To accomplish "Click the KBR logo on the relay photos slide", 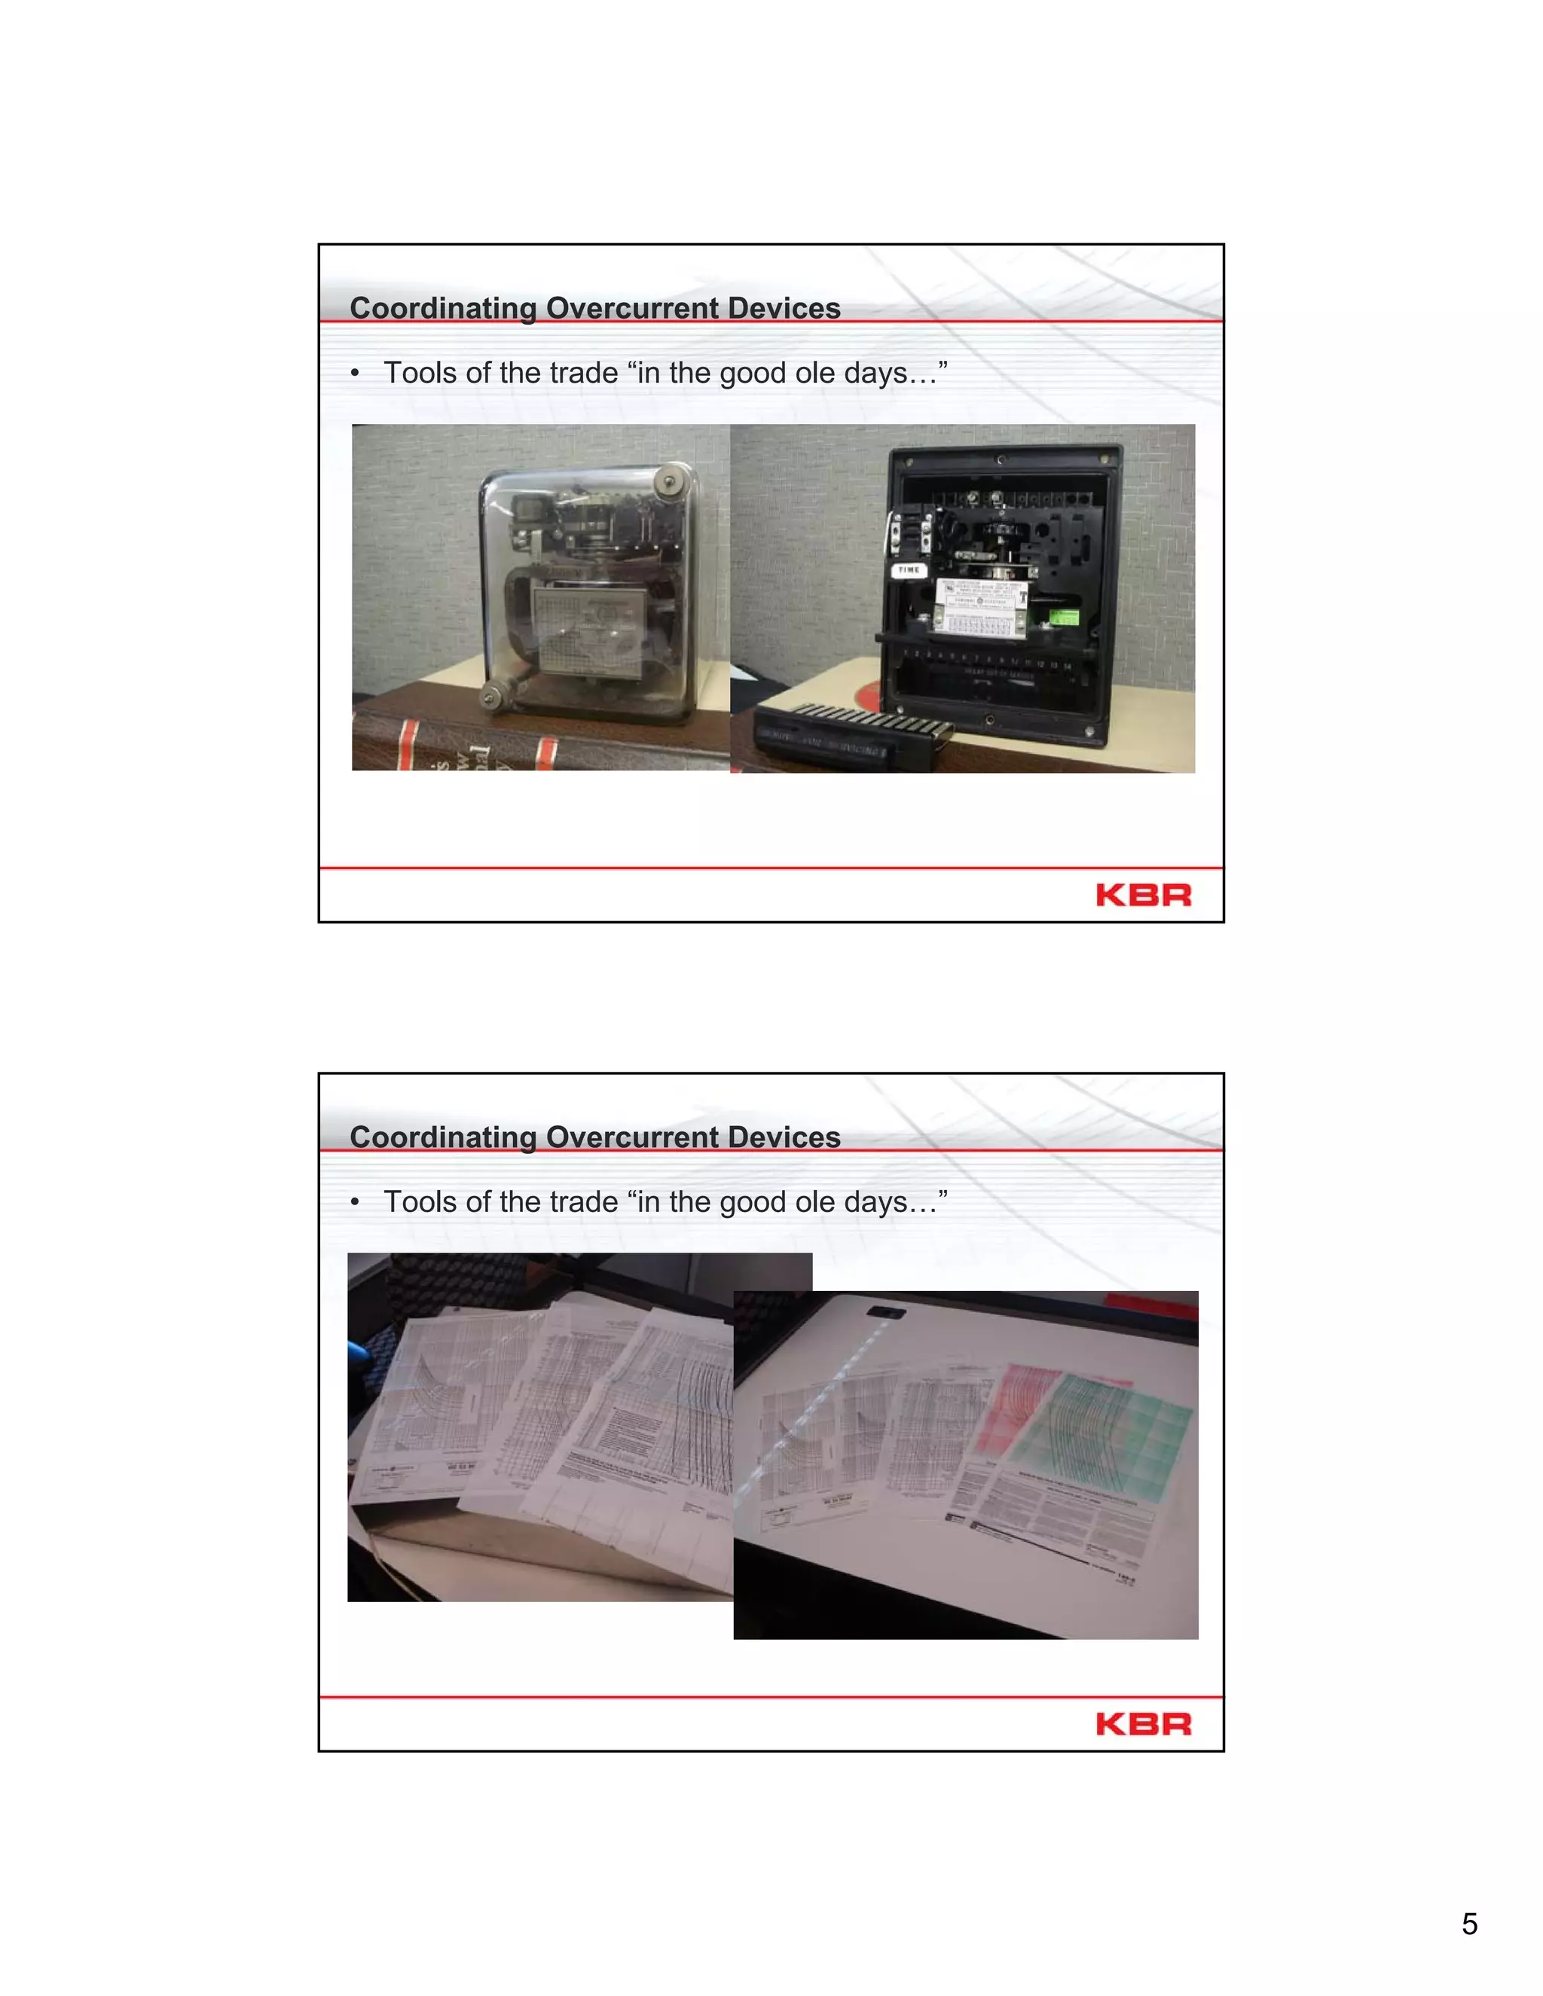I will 1143,895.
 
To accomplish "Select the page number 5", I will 1469,1924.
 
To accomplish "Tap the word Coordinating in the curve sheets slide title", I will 443,1138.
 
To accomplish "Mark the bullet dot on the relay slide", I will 355,374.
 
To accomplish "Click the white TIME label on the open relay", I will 909,570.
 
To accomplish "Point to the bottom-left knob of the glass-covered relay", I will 493,697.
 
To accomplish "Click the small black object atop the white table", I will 885,1314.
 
